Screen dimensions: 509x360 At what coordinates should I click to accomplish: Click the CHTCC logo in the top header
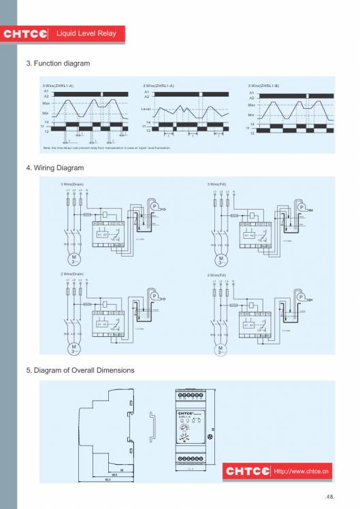point(26,34)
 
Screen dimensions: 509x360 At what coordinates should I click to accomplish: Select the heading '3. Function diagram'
point(58,63)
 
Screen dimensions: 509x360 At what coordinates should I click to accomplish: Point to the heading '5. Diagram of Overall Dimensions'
point(80,370)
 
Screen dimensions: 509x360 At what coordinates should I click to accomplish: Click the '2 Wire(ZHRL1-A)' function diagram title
point(159,86)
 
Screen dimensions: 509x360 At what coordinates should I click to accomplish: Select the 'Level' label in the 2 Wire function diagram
point(145,109)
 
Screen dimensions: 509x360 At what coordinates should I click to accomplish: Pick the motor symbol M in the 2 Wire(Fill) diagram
point(220,348)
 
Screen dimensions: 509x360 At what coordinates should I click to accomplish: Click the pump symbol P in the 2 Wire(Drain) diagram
point(154,297)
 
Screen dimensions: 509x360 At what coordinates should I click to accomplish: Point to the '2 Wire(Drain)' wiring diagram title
point(72,274)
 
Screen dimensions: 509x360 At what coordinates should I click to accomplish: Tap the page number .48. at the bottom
point(331,497)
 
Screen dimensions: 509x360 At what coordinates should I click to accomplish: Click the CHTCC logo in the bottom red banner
point(247,471)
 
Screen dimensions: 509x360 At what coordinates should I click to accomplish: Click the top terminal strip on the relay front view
point(192,395)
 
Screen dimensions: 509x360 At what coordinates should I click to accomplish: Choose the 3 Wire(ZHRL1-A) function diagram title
point(58,86)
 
